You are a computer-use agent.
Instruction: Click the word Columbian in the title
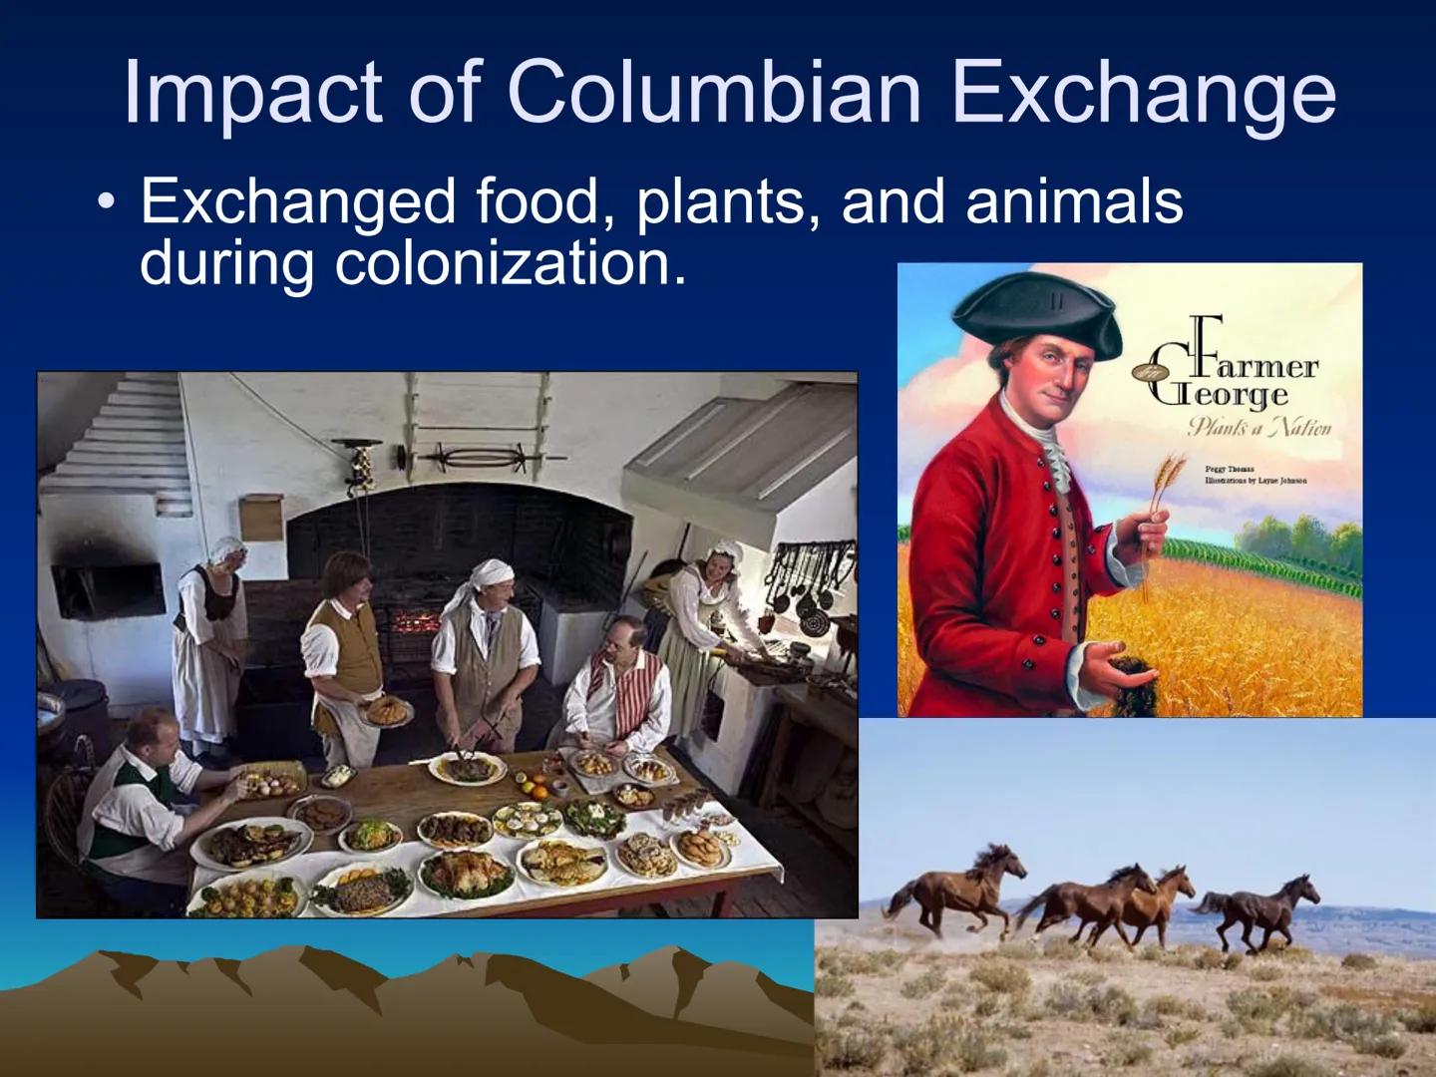[x=714, y=92]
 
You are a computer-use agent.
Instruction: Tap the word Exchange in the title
[x=1143, y=92]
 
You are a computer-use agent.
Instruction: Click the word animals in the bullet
[x=1074, y=201]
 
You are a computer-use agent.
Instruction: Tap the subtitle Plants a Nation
[x=1258, y=428]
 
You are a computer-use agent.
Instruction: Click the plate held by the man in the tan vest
[x=387, y=711]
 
